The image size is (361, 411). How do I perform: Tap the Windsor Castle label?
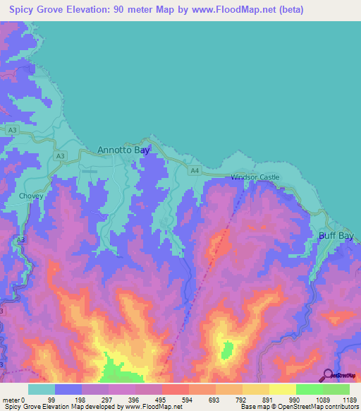point(255,177)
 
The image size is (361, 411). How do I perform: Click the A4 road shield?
point(195,170)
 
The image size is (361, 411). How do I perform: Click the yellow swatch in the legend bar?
point(282,389)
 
